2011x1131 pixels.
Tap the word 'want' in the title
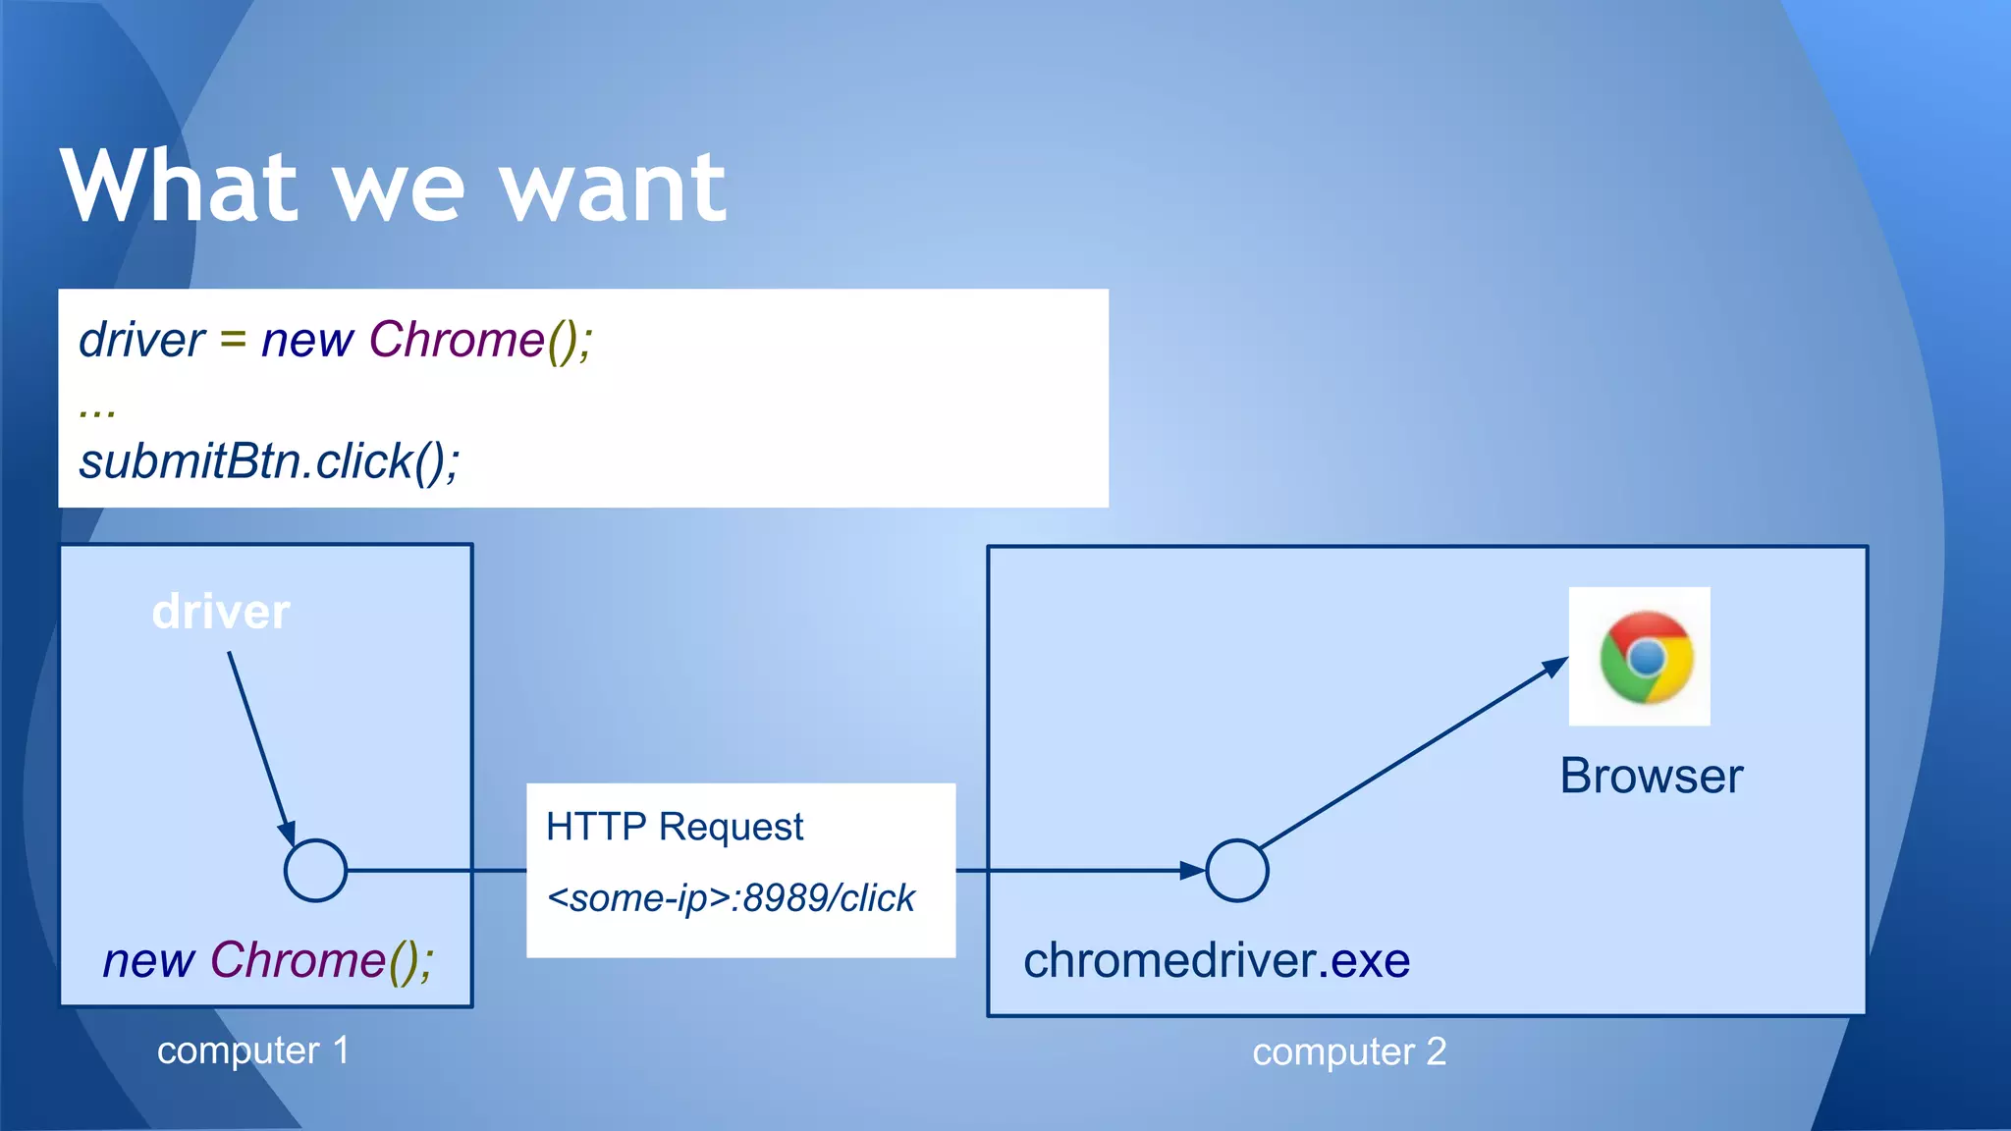pyautogui.click(x=613, y=188)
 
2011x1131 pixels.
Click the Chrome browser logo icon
pyautogui.click(x=1645, y=657)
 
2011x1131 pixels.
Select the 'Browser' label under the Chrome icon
pyautogui.click(x=1651, y=776)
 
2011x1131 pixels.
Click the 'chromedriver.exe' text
pyautogui.click(x=1216, y=960)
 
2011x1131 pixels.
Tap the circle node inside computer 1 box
pyautogui.click(x=315, y=870)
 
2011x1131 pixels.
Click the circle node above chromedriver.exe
pyautogui.click(x=1236, y=870)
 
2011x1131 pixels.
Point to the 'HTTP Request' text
pyautogui.click(x=675, y=827)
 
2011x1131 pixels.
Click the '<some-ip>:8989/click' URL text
pyautogui.click(x=731, y=897)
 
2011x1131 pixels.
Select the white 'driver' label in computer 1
pyautogui.click(x=221, y=612)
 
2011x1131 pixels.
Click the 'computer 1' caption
pyautogui.click(x=252, y=1050)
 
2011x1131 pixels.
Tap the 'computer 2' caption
pyautogui.click(x=1348, y=1051)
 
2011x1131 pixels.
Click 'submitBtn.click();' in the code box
pyautogui.click(x=269, y=461)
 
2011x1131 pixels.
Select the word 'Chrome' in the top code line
pyautogui.click(x=457, y=340)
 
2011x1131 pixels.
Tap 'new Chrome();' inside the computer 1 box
pyautogui.click(x=268, y=960)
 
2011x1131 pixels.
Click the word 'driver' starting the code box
pyautogui.click(x=141, y=340)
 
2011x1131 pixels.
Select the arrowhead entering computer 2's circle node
pyautogui.click(x=1191, y=870)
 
